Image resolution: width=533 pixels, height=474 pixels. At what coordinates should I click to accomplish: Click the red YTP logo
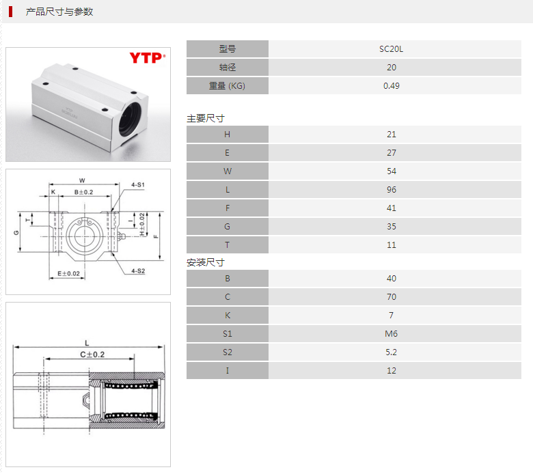pos(147,58)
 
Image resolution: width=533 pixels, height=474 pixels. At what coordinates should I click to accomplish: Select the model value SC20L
pos(391,49)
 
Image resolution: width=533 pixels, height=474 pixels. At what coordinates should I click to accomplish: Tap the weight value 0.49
pos(392,85)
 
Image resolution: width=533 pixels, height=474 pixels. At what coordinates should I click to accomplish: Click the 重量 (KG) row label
pos(227,85)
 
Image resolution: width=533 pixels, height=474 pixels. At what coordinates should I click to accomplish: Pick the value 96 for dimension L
pos(392,190)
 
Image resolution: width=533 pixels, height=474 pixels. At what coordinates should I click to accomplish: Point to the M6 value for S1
pos(391,334)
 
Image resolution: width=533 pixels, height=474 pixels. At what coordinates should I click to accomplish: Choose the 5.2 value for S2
pos(391,352)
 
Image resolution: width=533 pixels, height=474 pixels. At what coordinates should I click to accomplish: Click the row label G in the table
pos(227,226)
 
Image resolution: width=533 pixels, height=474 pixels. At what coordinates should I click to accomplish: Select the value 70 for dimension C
pos(392,296)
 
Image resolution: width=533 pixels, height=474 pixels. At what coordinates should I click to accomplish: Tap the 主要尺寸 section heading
pos(206,118)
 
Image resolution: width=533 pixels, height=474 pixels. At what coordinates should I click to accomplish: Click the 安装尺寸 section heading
pos(206,262)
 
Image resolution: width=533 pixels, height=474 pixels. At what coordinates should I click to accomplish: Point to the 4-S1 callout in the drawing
pos(138,184)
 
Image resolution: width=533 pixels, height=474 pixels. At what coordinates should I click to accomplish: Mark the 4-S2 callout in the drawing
pos(138,271)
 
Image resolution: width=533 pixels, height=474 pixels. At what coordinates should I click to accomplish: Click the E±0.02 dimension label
pos(68,273)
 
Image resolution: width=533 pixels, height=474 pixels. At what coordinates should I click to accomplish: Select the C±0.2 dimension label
pos(92,354)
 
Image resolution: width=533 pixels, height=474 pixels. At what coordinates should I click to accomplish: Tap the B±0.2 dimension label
pos(83,192)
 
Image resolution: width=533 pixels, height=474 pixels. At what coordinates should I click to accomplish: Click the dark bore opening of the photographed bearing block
pos(130,120)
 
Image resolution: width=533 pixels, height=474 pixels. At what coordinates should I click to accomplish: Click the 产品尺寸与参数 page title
pos(59,12)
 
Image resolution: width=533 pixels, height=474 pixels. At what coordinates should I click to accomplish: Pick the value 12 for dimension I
pos(392,370)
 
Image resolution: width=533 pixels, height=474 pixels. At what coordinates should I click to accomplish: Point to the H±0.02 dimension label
pos(142,224)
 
